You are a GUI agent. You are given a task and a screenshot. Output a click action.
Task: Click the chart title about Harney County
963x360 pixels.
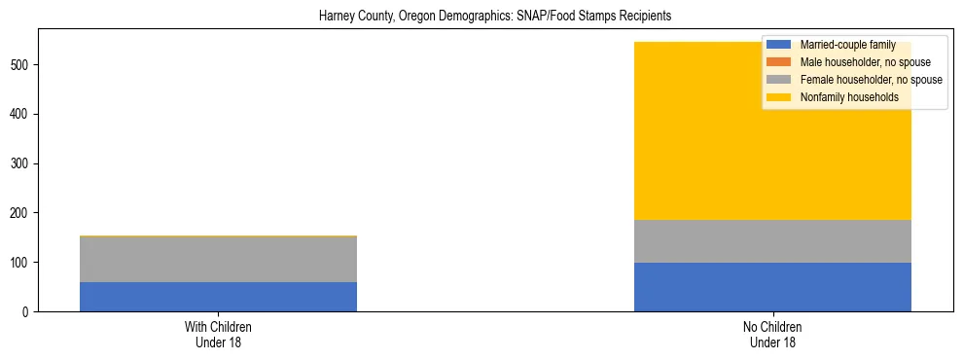(x=495, y=17)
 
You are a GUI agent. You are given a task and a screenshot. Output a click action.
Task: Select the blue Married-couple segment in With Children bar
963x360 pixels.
(x=218, y=297)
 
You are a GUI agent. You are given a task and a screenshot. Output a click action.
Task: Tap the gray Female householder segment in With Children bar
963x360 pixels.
(x=218, y=260)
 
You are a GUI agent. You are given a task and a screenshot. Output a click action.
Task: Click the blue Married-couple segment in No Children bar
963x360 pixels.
(x=772, y=287)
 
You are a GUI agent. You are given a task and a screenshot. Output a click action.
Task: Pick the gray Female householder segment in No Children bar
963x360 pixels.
(x=772, y=241)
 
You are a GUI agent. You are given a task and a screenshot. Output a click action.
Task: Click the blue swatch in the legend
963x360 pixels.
(x=779, y=45)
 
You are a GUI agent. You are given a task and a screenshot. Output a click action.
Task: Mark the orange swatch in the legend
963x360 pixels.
(x=779, y=62)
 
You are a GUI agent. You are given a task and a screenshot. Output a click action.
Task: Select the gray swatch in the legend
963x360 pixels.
(x=779, y=80)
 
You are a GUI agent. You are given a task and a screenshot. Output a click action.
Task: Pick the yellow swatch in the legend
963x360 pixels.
(x=779, y=97)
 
